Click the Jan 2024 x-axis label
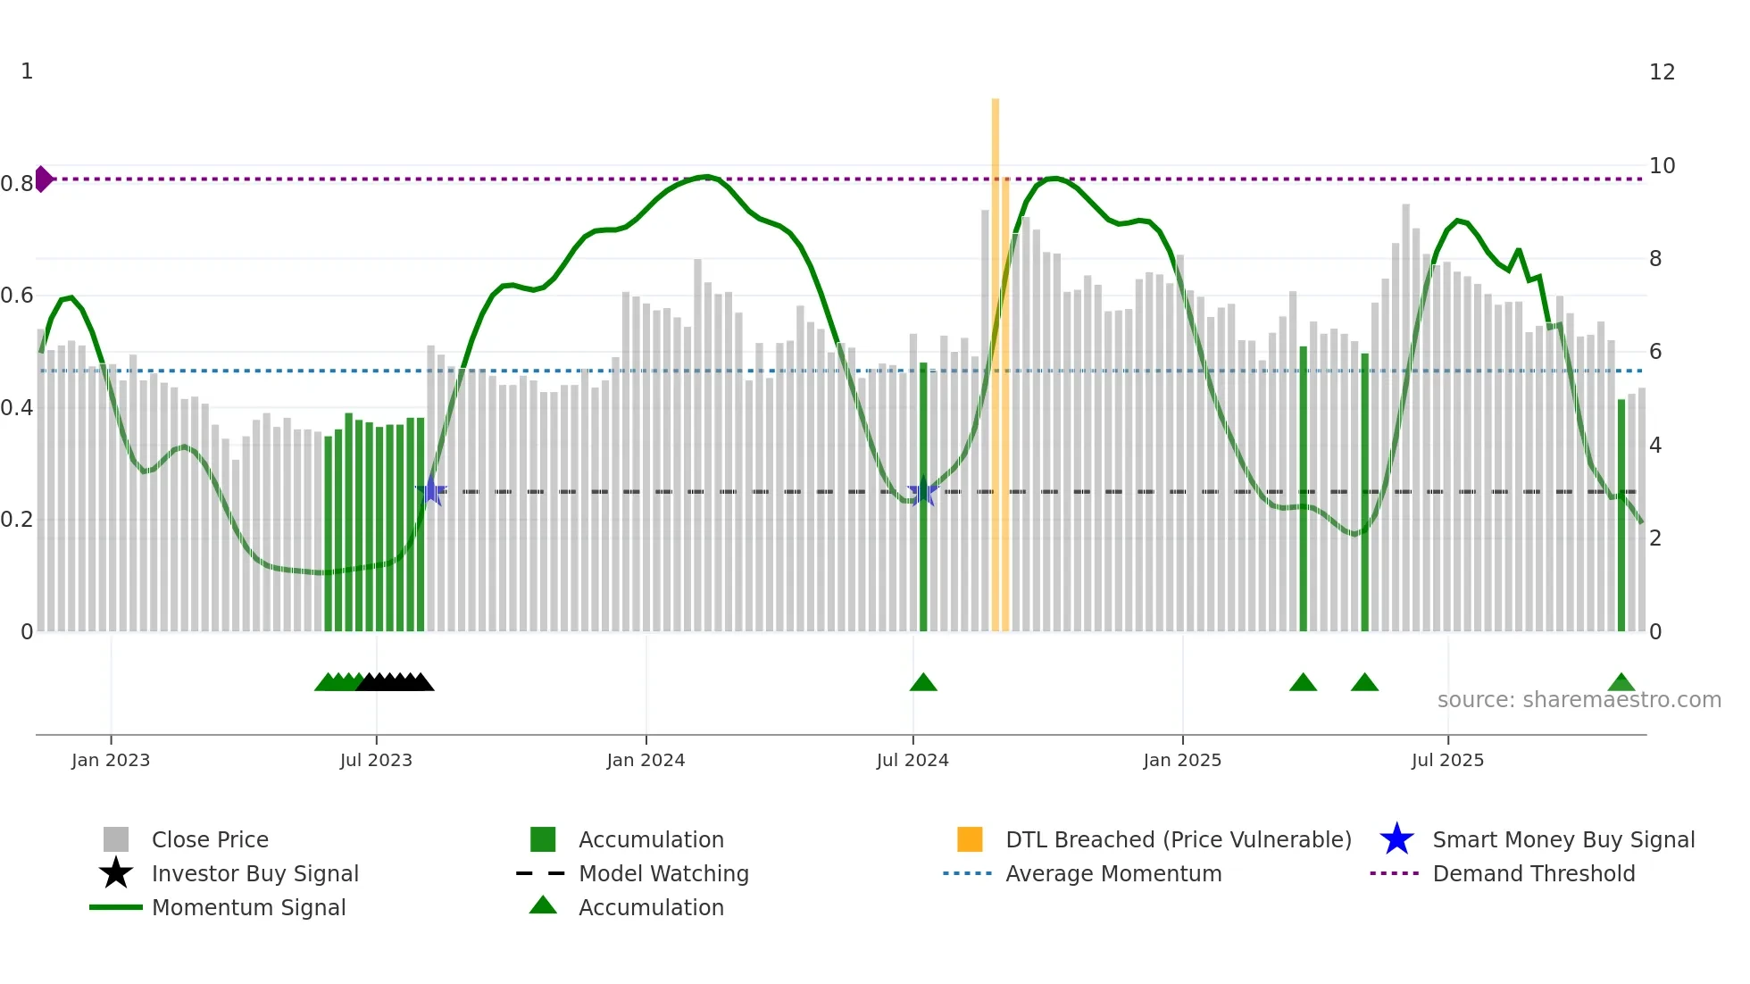click(x=646, y=760)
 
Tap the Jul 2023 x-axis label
click(x=376, y=760)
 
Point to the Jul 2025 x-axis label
click(x=1447, y=760)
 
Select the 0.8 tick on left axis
click(x=16, y=184)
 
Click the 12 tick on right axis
click(x=1662, y=72)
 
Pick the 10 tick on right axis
click(x=1662, y=166)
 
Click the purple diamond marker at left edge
click(x=43, y=179)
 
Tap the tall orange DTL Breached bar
click(x=996, y=357)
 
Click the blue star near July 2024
click(x=922, y=492)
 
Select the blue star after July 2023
click(x=431, y=491)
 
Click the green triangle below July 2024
click(x=923, y=683)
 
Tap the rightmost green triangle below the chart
click(x=1621, y=683)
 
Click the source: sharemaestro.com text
click(x=1579, y=700)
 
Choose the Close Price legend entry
click(x=209, y=839)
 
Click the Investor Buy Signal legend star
click(x=116, y=873)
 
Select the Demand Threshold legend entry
click(x=1533, y=873)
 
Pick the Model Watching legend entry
click(x=662, y=873)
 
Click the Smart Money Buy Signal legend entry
click(x=1562, y=839)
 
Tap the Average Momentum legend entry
click(x=1112, y=873)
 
